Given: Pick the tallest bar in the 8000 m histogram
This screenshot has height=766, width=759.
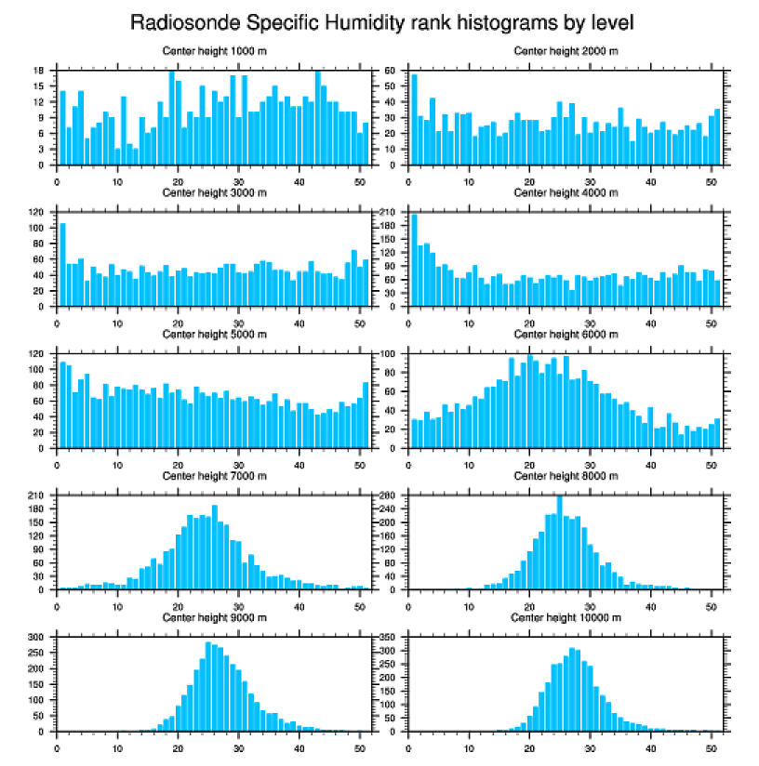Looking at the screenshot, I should (x=559, y=543).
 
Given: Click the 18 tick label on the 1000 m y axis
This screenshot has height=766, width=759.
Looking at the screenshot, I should (x=40, y=71).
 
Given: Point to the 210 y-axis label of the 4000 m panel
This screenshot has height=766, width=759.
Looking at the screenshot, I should (x=390, y=213).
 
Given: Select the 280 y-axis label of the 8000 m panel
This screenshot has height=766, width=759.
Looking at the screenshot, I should (x=390, y=496).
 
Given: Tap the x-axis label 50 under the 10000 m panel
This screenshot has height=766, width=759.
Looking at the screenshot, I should (x=711, y=747).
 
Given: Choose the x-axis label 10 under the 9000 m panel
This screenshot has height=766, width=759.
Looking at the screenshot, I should (x=117, y=747).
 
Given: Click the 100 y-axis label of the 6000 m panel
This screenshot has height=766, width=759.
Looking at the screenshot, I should (x=390, y=354).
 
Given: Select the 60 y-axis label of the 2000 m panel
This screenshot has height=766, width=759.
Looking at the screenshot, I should (x=392, y=71).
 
